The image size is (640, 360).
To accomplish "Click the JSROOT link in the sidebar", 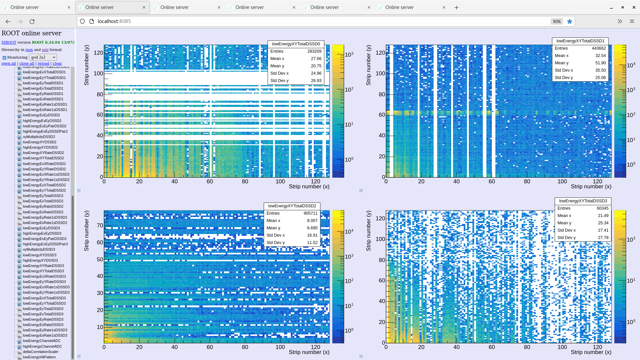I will pos(9,42).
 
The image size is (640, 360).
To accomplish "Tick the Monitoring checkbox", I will pos(4,58).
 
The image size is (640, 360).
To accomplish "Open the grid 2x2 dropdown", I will pos(43,57).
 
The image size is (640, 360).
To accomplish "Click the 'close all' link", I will pos(27,63).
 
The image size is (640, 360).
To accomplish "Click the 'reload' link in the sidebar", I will pos(43,63).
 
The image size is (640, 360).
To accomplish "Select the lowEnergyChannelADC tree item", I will pos(42,341).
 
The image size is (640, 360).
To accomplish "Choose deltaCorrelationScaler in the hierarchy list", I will pos(40,352).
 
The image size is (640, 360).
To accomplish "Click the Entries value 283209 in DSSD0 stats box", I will pos(314,51).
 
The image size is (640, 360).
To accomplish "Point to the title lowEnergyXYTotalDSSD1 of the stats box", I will pos(580,41).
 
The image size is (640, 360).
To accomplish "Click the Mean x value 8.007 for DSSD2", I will pos(312,221).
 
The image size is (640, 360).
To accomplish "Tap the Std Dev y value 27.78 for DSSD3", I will pos(603,238).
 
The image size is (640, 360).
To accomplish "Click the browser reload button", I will pos(32,21).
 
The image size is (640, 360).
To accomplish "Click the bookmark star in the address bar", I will pos(570,21).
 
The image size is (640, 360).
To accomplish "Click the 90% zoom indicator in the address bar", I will pos(556,21).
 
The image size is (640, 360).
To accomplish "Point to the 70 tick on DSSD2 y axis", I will pos(100,225).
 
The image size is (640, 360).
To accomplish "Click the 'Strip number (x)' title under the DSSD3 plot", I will pos(591,352).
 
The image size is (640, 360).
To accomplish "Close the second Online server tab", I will pos(144,7).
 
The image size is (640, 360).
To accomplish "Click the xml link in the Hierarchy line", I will pos(45,50).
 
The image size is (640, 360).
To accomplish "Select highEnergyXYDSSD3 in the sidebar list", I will pos(40,260).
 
